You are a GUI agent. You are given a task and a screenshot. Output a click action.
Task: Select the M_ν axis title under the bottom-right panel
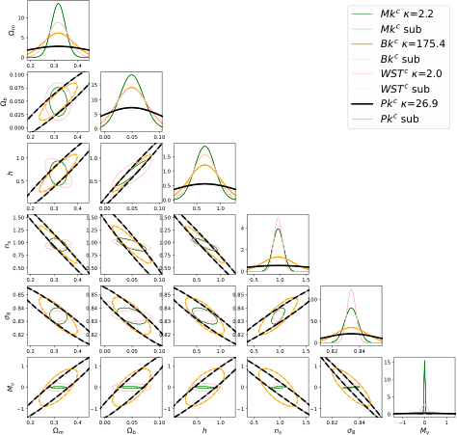pyautogui.click(x=423, y=428)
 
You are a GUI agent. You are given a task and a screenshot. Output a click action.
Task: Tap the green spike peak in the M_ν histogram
pyautogui.click(x=424, y=361)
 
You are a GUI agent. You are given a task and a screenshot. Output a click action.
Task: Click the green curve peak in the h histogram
pyautogui.click(x=204, y=147)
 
